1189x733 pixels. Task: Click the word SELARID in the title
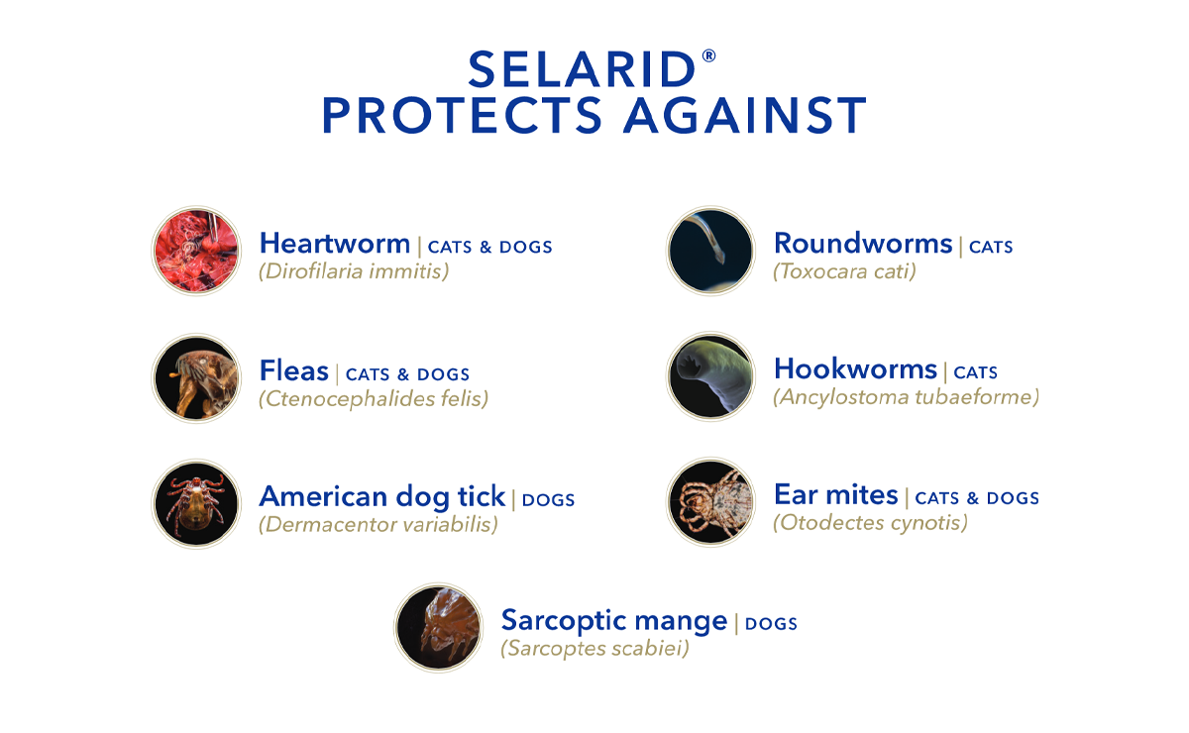[x=582, y=70]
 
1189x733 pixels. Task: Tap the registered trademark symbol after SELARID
[x=708, y=56]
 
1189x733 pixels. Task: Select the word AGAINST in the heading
[x=744, y=116]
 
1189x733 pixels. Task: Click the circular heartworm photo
[x=196, y=251]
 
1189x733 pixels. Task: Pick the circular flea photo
[x=196, y=377]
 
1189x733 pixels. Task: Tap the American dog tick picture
[x=196, y=503]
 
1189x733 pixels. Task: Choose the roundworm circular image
[x=710, y=251]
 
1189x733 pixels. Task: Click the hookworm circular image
[x=710, y=377]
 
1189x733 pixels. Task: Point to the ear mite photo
[x=710, y=502]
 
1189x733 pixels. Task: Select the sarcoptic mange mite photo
[x=439, y=628]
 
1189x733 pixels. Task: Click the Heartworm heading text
[x=334, y=244]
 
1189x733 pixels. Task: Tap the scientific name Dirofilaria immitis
[x=354, y=270]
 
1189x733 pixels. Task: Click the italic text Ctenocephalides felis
[x=374, y=398]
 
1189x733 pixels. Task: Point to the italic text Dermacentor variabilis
[x=378, y=524]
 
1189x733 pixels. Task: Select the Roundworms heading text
[x=862, y=244]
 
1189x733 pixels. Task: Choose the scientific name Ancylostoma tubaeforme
[x=906, y=397]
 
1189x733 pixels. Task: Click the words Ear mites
[x=835, y=495]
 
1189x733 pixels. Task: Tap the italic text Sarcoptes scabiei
[x=594, y=650]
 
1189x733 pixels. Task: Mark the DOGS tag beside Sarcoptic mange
[x=771, y=624]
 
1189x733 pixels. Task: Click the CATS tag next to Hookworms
[x=975, y=373]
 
